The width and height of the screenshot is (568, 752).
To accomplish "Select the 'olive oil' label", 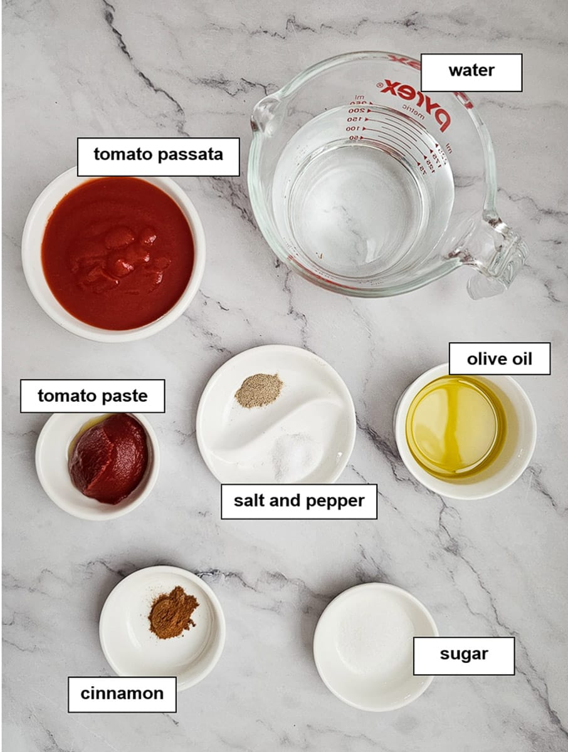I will click(x=499, y=359).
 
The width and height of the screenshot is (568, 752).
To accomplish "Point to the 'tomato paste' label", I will click(x=92, y=396).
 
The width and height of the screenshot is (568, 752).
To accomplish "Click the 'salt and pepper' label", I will click(x=298, y=501).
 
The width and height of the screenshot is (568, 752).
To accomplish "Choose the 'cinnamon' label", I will click(x=122, y=694).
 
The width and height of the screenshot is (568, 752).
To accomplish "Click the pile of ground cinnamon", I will click(x=172, y=612).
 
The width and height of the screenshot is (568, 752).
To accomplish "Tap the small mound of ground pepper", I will click(x=258, y=390).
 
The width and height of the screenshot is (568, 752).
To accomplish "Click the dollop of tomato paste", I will click(x=109, y=458).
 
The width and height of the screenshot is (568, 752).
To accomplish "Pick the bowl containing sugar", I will click(x=375, y=645).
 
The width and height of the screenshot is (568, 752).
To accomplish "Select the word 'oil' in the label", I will click(x=521, y=359).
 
